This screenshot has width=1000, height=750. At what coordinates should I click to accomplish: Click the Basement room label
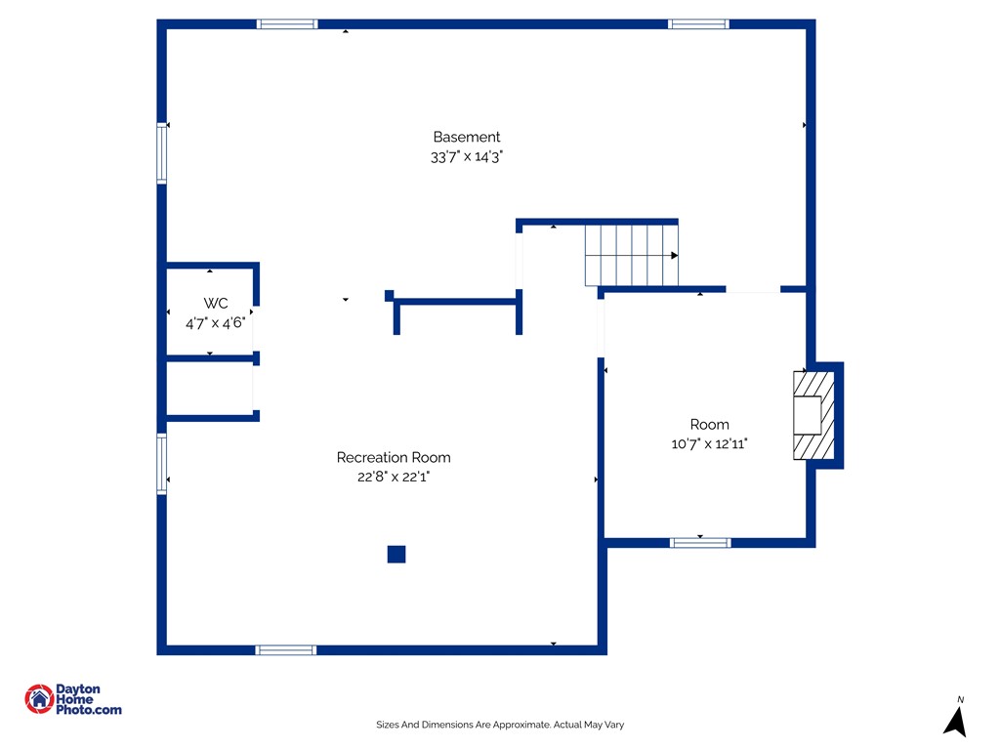466,137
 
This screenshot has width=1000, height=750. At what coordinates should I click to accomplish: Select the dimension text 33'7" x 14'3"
466,157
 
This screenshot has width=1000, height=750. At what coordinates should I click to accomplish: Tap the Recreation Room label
394,457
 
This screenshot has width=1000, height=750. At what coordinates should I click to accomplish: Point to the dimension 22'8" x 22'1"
394,477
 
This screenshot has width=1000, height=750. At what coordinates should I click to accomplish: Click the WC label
216,304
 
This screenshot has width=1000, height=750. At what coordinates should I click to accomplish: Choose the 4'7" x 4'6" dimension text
216,323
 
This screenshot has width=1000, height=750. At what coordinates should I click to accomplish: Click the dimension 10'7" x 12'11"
709,444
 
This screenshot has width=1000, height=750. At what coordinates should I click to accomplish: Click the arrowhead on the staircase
674,255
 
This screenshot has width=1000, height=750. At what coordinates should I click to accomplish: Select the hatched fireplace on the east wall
813,415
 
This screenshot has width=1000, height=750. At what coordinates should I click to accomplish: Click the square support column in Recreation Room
396,555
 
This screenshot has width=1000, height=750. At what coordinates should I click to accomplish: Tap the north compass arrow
956,722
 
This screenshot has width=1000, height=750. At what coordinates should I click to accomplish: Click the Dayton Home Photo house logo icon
39,699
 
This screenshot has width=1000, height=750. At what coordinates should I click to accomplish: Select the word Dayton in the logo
78,688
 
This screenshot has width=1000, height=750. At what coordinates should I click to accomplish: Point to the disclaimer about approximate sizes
500,725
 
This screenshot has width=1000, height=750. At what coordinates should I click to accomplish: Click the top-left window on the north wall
287,24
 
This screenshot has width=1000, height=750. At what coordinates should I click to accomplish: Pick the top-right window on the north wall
698,24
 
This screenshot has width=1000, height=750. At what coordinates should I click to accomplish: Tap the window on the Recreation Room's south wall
286,649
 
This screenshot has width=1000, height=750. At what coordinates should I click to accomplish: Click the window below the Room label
700,543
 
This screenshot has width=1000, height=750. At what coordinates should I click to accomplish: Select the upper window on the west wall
162,153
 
